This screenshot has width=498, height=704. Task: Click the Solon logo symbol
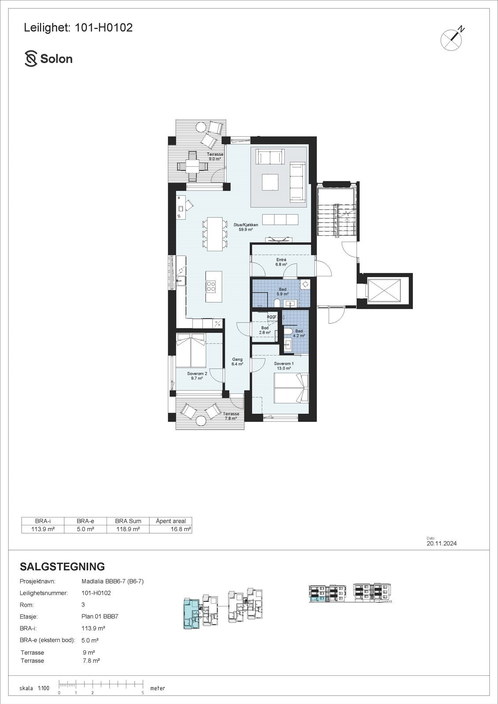tap(31, 59)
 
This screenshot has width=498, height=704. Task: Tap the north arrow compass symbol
tap(451, 40)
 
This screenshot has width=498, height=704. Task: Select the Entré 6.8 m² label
tap(281, 262)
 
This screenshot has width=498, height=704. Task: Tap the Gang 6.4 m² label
tap(237, 362)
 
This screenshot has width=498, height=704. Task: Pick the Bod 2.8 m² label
tap(265, 330)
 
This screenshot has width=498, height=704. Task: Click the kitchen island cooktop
tap(211, 286)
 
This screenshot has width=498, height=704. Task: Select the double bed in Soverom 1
tap(291, 388)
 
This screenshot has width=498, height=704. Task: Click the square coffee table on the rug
tap(269, 182)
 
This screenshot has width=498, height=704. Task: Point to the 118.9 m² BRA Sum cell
tap(128, 529)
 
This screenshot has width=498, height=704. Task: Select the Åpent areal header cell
tap(171, 521)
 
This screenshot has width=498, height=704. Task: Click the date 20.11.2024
tap(441, 543)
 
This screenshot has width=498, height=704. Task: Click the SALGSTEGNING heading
tap(63, 566)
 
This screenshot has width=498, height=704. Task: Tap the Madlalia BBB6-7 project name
tap(112, 581)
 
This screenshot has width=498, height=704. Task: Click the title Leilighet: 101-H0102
tap(78, 28)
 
